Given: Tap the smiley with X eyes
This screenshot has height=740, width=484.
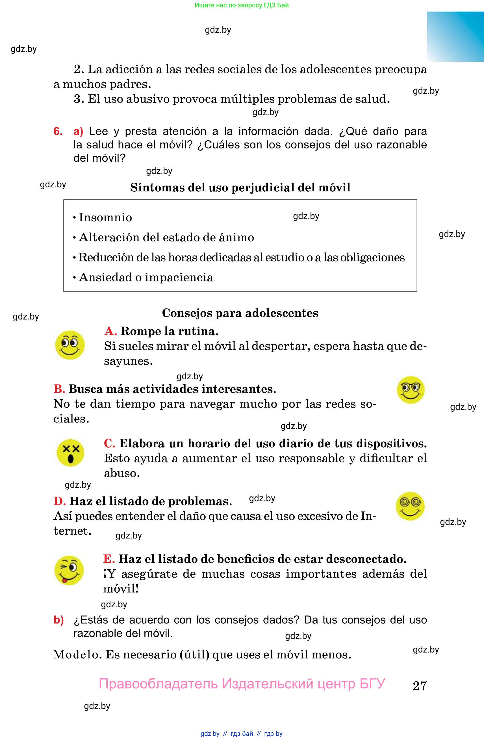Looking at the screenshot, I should click(70, 453).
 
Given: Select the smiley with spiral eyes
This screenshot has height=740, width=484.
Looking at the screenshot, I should click(410, 506).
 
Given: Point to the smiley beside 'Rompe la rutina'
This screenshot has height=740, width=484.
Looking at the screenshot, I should click(70, 345).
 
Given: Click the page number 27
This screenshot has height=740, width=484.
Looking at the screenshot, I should click(420, 686).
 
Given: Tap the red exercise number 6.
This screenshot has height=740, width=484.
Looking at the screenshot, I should click(58, 131).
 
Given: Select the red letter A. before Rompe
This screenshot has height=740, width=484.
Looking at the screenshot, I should click(110, 331).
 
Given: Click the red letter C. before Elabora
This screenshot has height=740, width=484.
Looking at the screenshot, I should click(110, 443).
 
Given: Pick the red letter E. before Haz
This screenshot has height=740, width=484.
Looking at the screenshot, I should click(109, 559).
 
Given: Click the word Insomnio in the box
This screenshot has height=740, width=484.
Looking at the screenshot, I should click(105, 217).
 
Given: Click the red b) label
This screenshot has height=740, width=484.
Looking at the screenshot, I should click(58, 620).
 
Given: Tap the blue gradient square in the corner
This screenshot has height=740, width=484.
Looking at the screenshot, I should click(455, 37).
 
